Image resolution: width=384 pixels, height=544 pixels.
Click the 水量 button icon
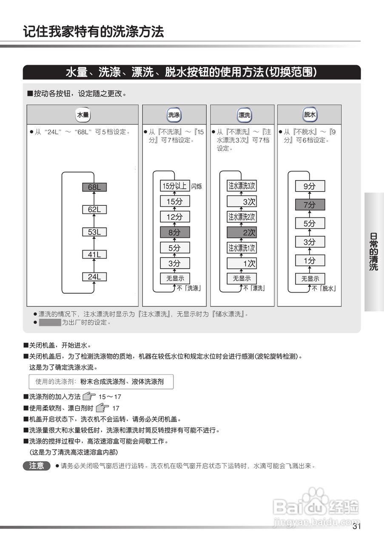click(x=83, y=115)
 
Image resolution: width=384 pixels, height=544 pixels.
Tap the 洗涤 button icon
click(x=174, y=115)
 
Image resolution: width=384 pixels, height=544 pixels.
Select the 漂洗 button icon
click(x=244, y=115)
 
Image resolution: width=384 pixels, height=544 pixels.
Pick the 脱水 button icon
click(x=310, y=115)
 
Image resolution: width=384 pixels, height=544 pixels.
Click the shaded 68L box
click(x=94, y=187)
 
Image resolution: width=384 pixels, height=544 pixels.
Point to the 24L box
click(x=94, y=277)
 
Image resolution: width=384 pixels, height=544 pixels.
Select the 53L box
click(x=94, y=232)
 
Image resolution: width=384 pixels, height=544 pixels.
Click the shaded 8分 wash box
click(x=175, y=232)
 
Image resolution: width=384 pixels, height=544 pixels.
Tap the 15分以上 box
click(x=175, y=186)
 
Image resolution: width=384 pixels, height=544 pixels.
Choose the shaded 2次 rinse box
click(x=242, y=232)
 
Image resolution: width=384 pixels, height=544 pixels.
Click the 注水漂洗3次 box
click(x=242, y=186)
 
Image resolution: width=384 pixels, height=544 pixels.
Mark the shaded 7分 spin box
click(x=310, y=205)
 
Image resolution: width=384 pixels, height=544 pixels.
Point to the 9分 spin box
click(x=310, y=186)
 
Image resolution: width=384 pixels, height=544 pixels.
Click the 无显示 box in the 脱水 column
click(x=310, y=279)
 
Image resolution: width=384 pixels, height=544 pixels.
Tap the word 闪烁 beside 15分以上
click(x=197, y=186)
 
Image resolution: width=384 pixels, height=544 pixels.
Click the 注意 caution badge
click(x=37, y=466)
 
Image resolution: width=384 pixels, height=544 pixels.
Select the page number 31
click(x=356, y=527)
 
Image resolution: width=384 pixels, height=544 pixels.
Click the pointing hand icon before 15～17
click(x=89, y=397)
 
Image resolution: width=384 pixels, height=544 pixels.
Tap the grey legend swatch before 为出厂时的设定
click(x=50, y=323)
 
